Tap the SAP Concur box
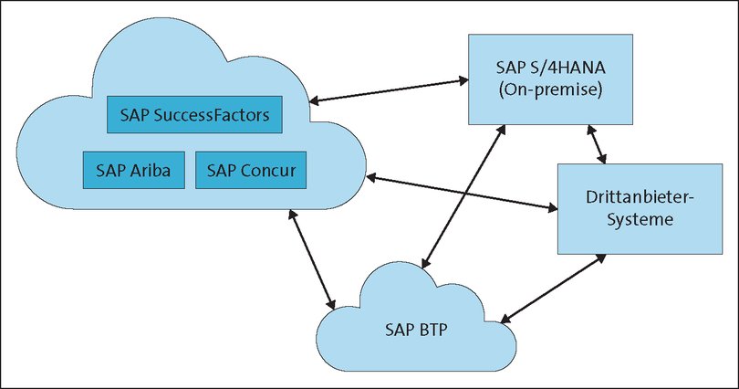[251, 170]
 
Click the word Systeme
[630, 219]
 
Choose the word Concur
[266, 170]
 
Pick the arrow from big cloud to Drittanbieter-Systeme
[462, 192]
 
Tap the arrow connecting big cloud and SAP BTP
[311, 258]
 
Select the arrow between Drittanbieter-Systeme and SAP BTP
[553, 288]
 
